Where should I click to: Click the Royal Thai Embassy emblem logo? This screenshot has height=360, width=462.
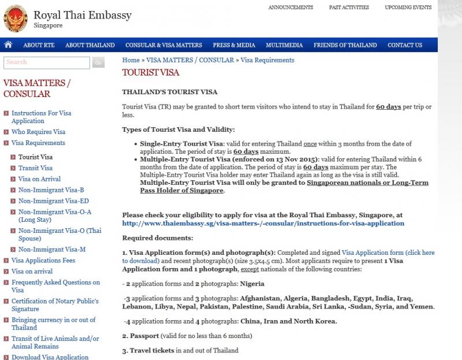click(15, 19)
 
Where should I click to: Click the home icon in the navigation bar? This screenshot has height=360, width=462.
click(8, 45)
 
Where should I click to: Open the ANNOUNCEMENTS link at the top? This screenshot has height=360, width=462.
click(290, 8)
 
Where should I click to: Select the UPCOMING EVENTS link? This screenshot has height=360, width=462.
click(408, 8)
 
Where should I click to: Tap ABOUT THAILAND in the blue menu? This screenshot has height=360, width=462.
click(90, 45)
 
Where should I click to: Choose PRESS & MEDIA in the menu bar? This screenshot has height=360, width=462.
click(234, 45)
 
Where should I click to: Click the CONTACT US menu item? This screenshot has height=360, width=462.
click(405, 45)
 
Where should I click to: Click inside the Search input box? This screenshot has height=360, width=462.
click(46, 62)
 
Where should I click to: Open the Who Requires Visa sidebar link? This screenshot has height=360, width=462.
click(38, 132)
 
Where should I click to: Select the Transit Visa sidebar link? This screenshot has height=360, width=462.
click(35, 168)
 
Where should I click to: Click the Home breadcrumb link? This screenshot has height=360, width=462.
click(131, 60)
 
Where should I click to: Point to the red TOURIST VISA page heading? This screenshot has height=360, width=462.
click(151, 73)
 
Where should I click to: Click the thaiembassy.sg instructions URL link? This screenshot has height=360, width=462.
click(263, 223)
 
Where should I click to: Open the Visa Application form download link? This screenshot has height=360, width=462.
click(388, 253)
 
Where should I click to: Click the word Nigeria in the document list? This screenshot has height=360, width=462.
click(252, 284)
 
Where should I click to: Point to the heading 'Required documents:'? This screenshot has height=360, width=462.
click(158, 237)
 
